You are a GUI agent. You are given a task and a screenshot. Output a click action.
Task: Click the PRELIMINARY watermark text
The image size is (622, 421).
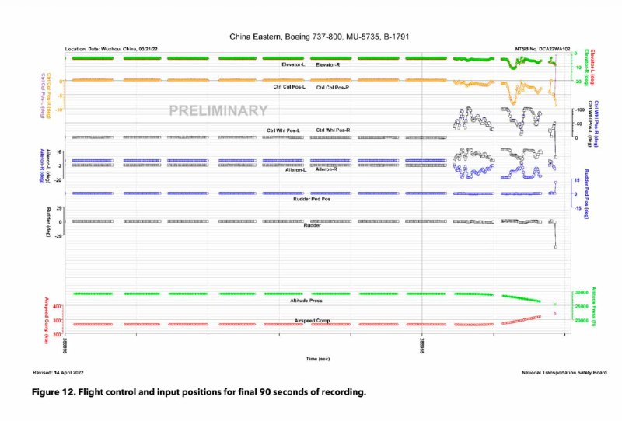pos(218,111)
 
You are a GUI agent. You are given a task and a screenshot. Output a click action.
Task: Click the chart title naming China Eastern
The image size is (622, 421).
pos(320,37)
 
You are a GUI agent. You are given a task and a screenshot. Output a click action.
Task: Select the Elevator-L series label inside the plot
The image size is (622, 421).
pos(293,64)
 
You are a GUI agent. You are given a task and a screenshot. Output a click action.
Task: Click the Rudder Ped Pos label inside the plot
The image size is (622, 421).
pos(311,200)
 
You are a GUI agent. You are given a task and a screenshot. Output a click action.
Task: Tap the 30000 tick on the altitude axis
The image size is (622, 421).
pos(581,292)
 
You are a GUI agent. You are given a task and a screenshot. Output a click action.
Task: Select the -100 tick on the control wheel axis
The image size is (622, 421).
pos(578,110)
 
